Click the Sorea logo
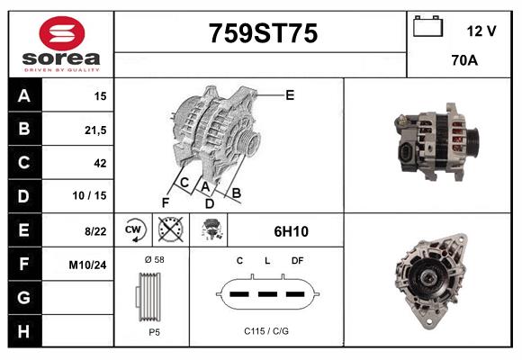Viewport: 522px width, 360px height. [61, 44]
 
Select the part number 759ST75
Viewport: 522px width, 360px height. [263, 33]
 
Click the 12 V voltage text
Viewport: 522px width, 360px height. [481, 31]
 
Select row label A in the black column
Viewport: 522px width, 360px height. [23, 96]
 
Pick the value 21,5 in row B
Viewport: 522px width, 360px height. [95, 130]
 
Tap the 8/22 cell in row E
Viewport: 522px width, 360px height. [95, 231]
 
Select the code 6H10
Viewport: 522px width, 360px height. [291, 231]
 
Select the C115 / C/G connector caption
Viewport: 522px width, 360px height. [266, 331]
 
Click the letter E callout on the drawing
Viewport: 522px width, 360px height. [289, 94]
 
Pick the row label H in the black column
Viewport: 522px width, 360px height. [23, 331]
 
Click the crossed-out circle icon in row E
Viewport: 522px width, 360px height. [168, 230]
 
